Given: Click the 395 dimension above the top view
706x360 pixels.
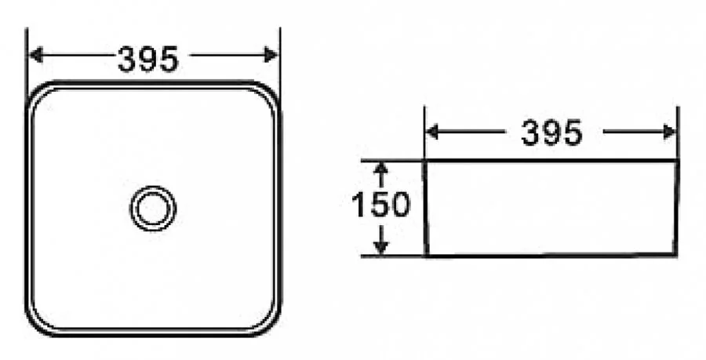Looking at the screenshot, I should coord(148,59).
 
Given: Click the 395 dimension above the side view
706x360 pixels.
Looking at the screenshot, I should coord(551,134).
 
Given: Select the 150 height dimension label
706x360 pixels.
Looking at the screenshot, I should coord(380,205).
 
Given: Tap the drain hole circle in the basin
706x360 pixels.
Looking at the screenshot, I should coord(152,209).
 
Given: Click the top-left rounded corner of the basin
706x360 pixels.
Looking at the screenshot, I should coord(39,93).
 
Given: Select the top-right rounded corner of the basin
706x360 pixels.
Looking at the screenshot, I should coord(268,93).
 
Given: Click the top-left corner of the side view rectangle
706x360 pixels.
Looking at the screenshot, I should coord(425,162).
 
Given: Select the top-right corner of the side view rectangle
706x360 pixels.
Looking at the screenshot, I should coord(677,162).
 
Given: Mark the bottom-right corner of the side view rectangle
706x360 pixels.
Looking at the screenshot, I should coord(675,255).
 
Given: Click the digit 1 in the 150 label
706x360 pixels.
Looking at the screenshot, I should coord(357,205).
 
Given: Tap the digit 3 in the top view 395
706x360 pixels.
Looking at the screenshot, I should coord(129,59).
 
